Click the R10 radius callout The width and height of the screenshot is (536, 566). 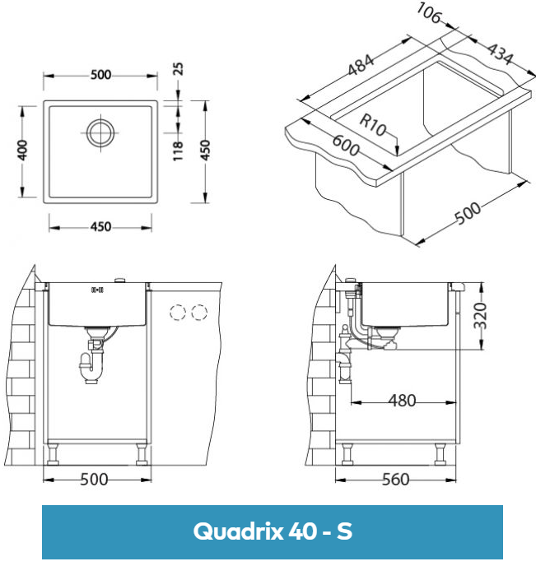pyautogui.click(x=372, y=126)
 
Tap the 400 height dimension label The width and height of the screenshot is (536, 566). pyautogui.click(x=23, y=150)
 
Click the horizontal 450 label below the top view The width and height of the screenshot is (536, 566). pyautogui.click(x=100, y=226)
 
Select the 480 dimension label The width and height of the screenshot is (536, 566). pyautogui.click(x=401, y=401)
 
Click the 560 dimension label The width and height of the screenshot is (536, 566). pyautogui.click(x=396, y=480)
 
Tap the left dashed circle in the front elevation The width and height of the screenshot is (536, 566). pyautogui.click(x=176, y=313)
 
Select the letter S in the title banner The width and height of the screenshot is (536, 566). pyautogui.click(x=344, y=531)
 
